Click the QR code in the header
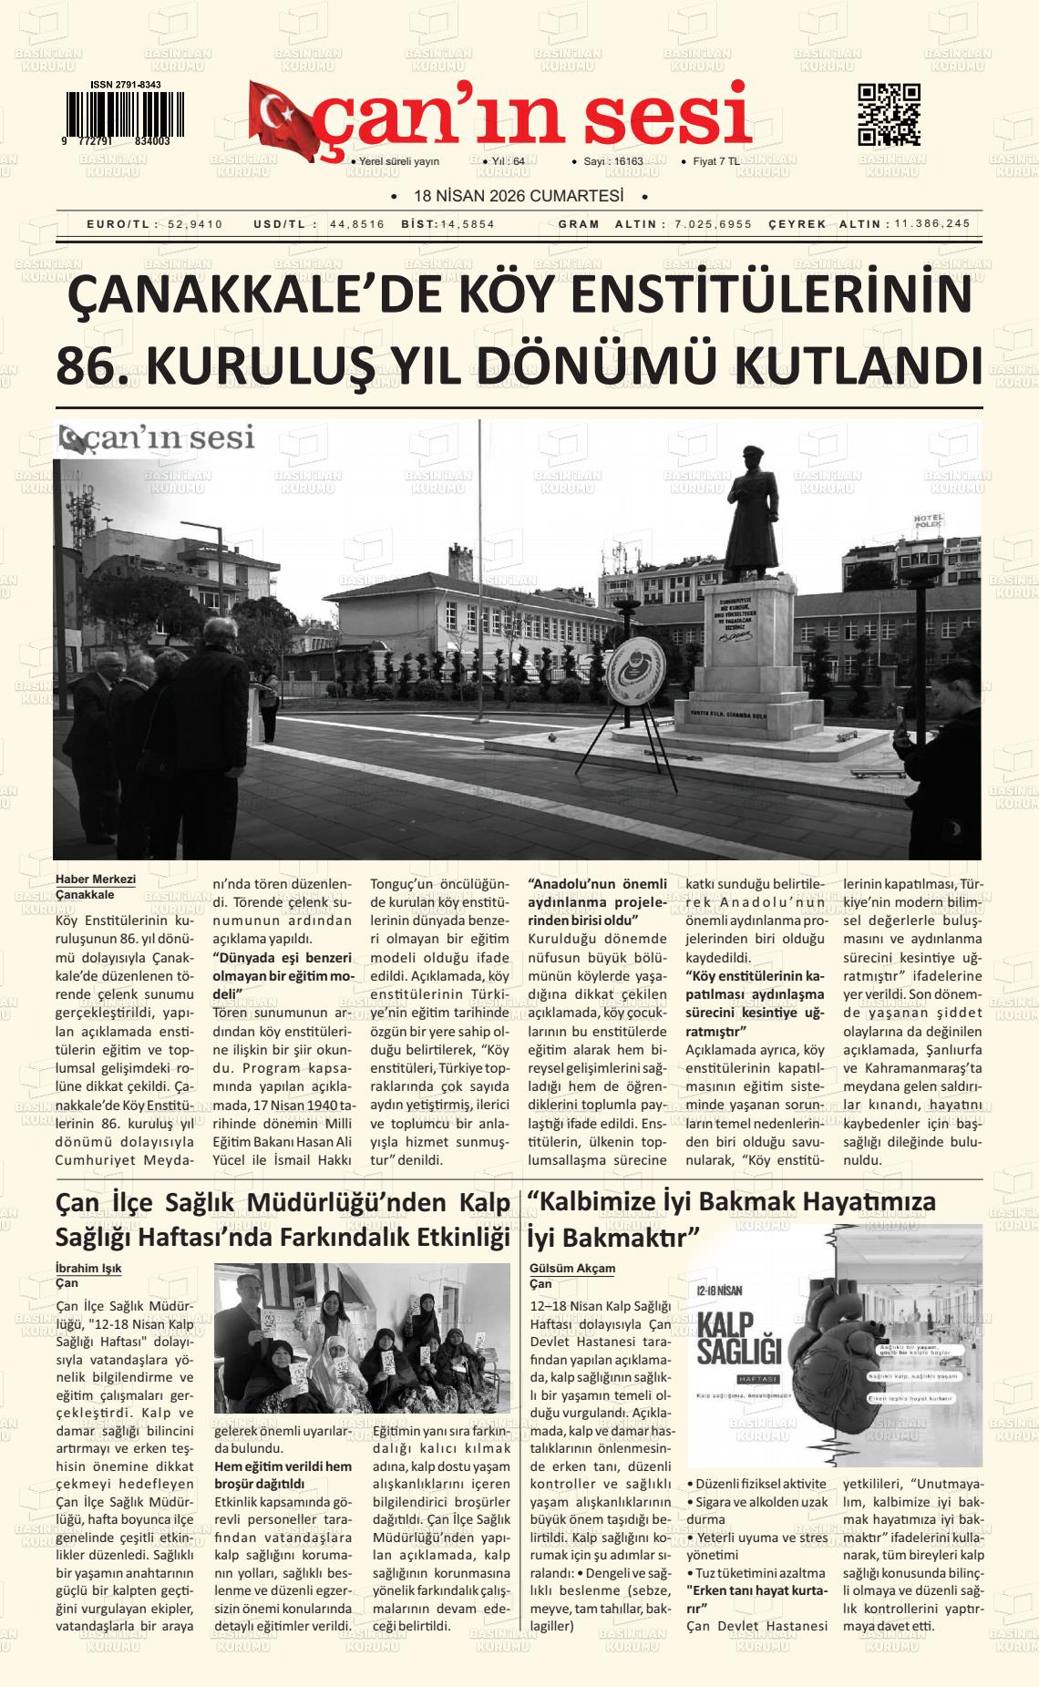point(889,115)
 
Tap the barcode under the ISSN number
point(124,113)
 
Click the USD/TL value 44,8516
point(357,224)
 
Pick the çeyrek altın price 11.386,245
point(932,224)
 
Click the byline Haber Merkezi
point(96,880)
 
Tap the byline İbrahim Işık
point(88,1268)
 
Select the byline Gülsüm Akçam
point(572,1268)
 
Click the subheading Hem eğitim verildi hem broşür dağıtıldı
point(283,1475)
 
